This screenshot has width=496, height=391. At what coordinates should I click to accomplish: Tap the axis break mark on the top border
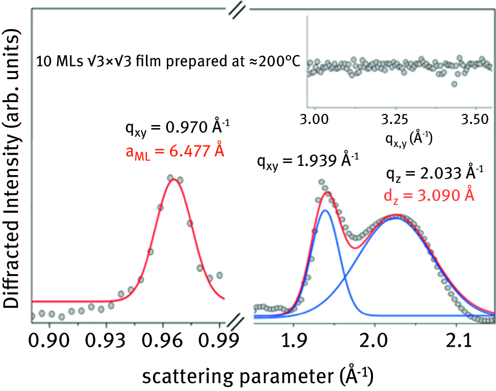click(x=238, y=10)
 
